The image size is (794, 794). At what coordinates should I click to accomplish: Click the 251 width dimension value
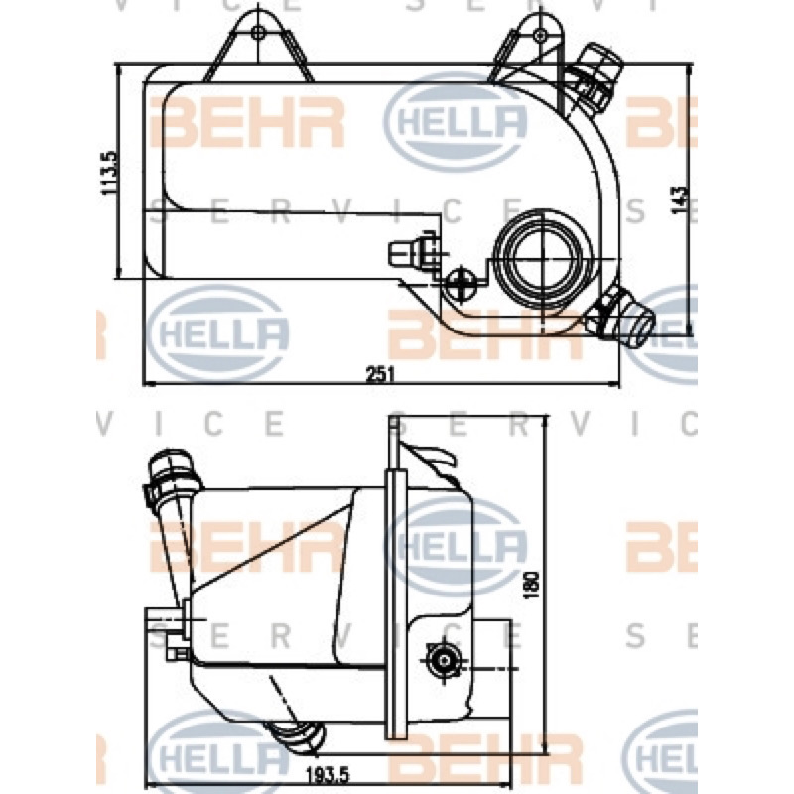380,374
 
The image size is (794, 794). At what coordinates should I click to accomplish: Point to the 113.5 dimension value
109,172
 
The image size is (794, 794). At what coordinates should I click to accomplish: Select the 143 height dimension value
679,200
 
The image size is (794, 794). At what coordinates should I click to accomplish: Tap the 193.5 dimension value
328,774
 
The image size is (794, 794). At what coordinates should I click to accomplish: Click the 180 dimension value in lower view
531,586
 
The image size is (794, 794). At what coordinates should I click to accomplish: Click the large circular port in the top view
542,259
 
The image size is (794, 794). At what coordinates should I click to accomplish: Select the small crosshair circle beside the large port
461,283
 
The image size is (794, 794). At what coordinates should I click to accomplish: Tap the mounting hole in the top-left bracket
259,33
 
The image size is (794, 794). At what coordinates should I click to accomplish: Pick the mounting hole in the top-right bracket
540,35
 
